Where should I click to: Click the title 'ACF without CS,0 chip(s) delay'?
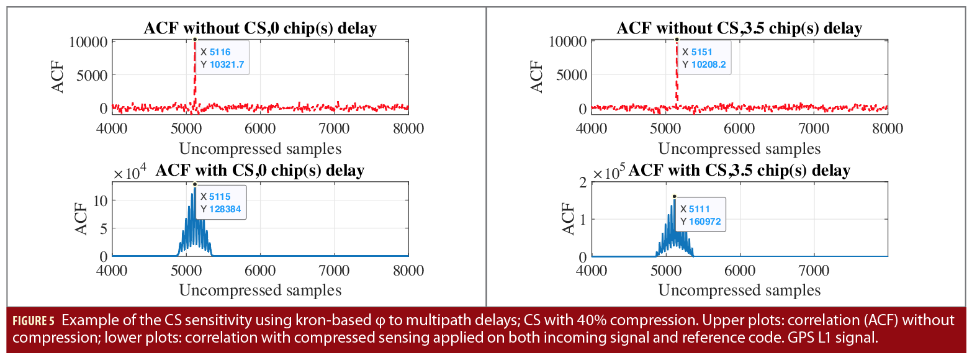coord(260,28)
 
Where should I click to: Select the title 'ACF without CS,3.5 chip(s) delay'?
coord(739,28)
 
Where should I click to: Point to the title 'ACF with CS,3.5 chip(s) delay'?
coord(739,171)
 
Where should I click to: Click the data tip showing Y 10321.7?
coord(223,58)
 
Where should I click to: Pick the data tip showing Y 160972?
coord(701,215)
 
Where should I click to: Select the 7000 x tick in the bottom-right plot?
coord(813,271)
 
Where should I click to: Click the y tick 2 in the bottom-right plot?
coord(582,182)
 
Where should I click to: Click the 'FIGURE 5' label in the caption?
coord(34,322)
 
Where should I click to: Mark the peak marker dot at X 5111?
coord(674,196)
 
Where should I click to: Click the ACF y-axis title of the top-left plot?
coord(57,76)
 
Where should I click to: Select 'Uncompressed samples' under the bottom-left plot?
coord(260,290)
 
